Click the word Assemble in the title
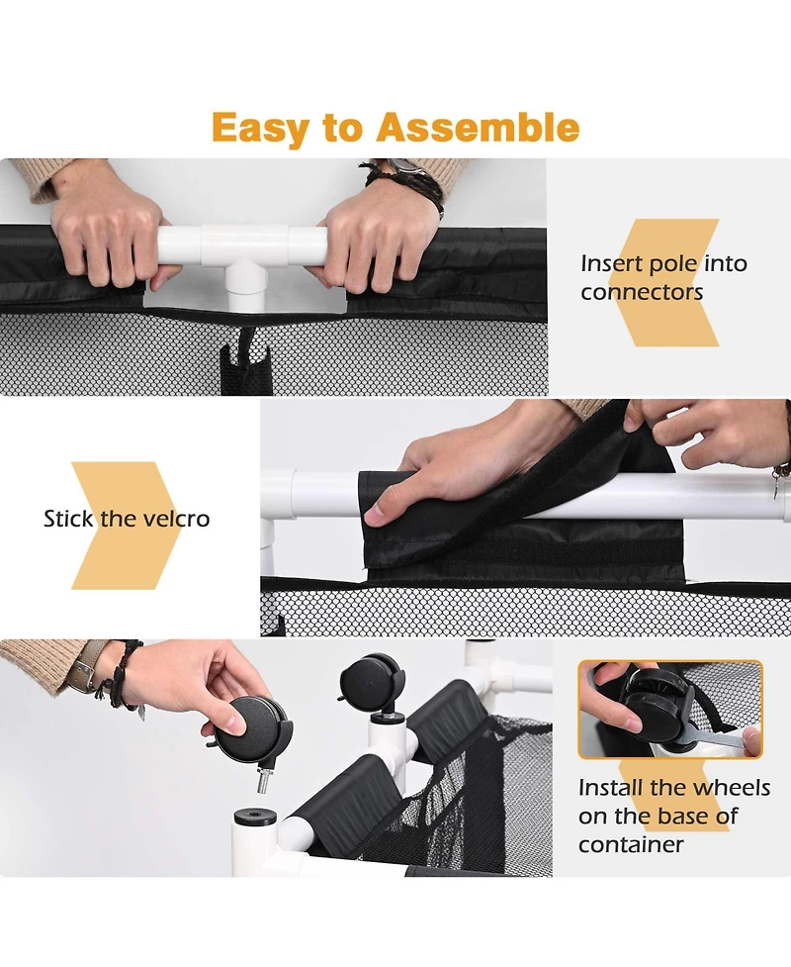click(478, 127)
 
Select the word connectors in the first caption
click(642, 292)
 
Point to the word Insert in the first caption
click(611, 263)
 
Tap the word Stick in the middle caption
click(68, 519)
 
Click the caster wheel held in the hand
click(252, 728)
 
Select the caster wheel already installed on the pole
click(372, 685)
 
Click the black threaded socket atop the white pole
click(255, 819)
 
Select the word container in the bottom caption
click(631, 844)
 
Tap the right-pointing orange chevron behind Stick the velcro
click(125, 526)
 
